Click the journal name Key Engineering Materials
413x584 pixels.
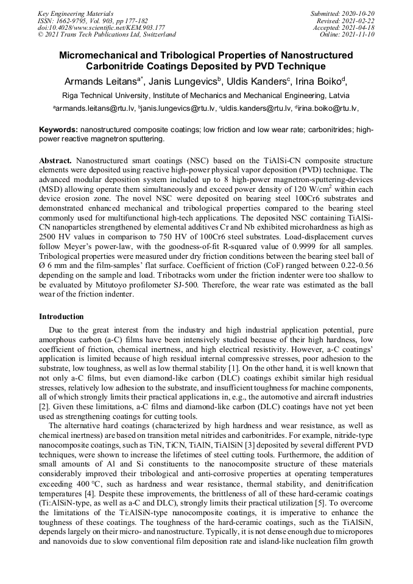tap(76, 13)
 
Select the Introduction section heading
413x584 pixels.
tap(62, 317)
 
